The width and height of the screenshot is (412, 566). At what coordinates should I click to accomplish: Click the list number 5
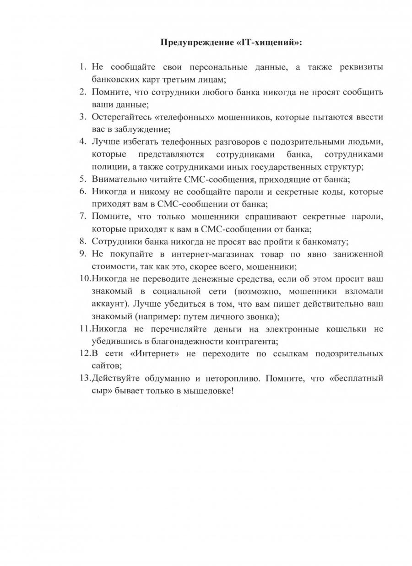click(x=82, y=179)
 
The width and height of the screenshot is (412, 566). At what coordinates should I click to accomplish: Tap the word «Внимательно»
click(x=119, y=179)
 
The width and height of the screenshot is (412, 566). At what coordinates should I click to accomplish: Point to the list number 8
click(x=82, y=241)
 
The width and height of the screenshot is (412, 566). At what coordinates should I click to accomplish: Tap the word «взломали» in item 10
click(x=363, y=291)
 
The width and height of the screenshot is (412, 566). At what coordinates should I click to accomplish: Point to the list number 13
click(x=84, y=379)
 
